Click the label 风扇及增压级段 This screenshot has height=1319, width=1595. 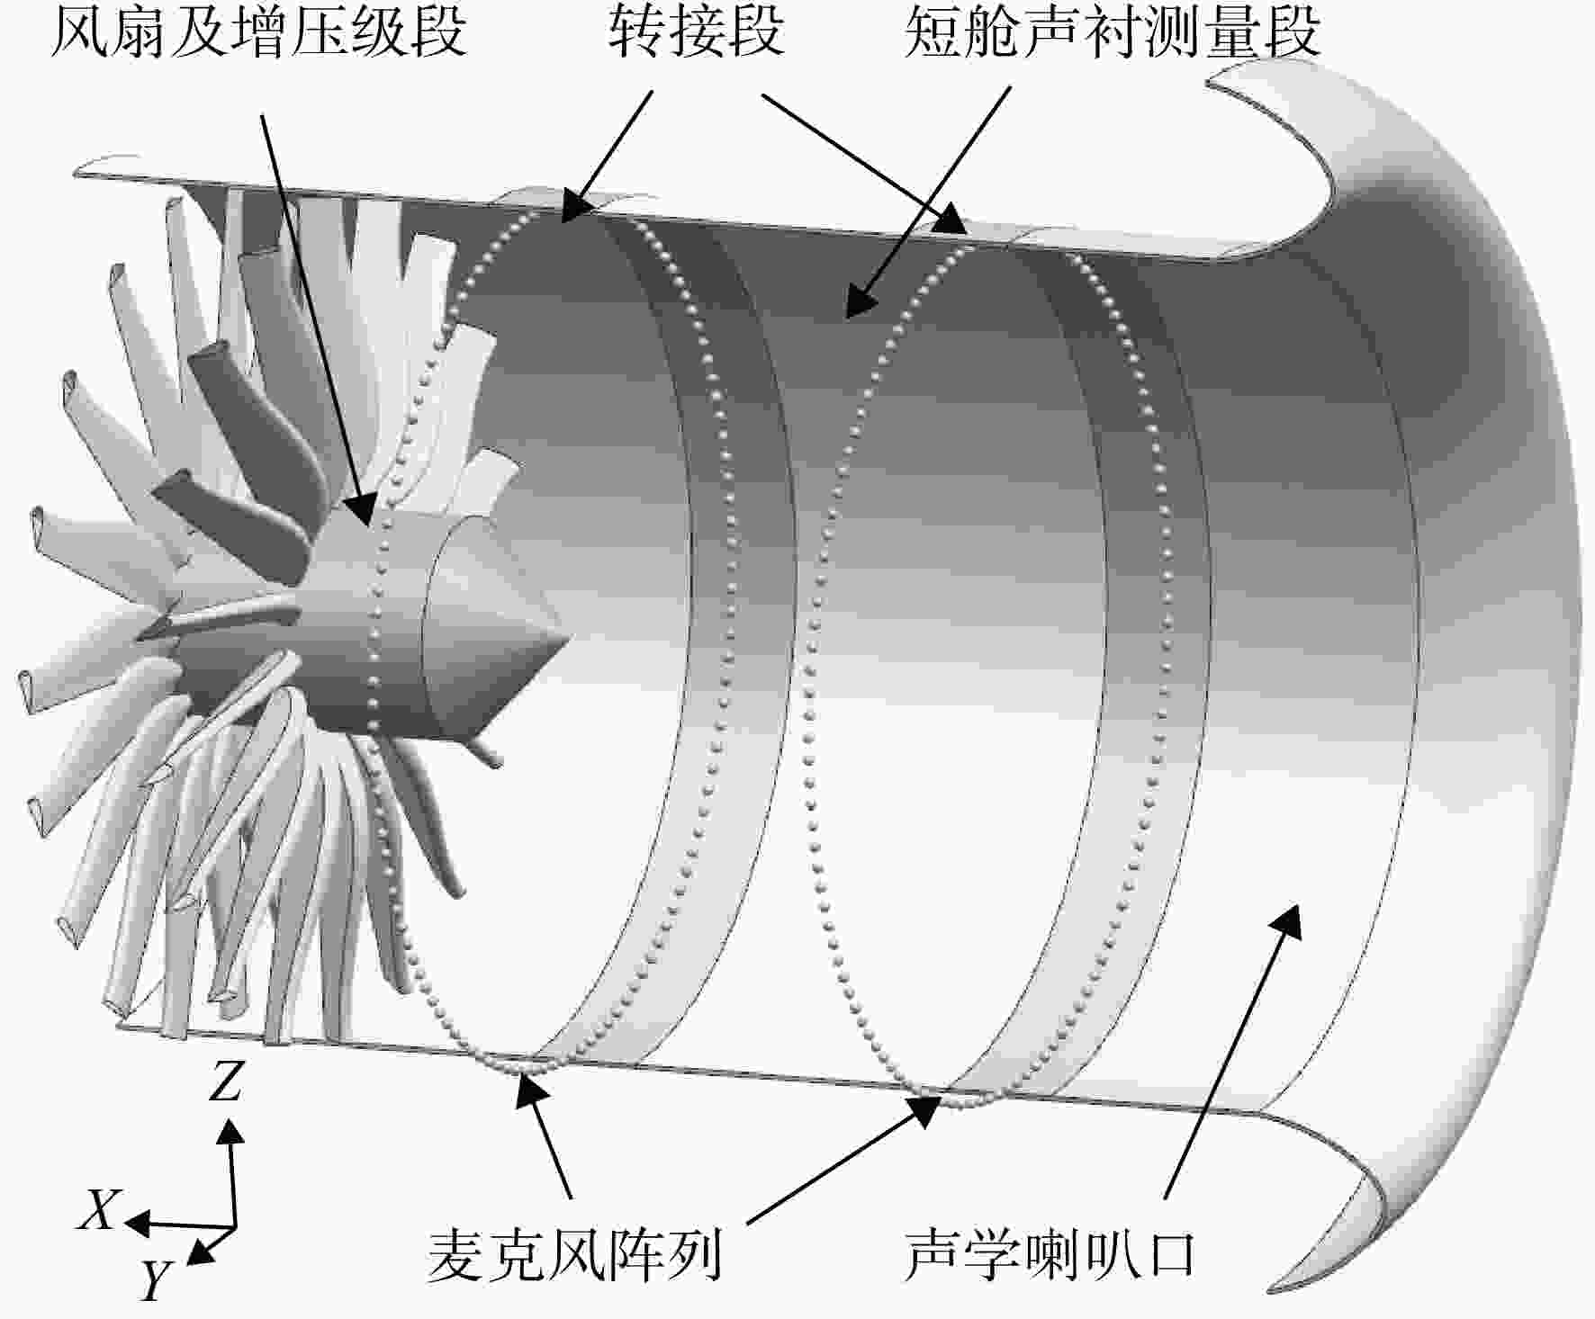tap(258, 33)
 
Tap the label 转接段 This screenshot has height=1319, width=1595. tap(696, 33)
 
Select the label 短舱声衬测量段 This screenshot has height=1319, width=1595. tap(1113, 33)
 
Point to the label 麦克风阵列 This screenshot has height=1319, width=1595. tap(574, 1254)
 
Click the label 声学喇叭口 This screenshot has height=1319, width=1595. tap(1050, 1254)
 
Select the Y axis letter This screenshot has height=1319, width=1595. tap(155, 1279)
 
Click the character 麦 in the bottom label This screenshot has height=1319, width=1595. tap(455, 1254)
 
